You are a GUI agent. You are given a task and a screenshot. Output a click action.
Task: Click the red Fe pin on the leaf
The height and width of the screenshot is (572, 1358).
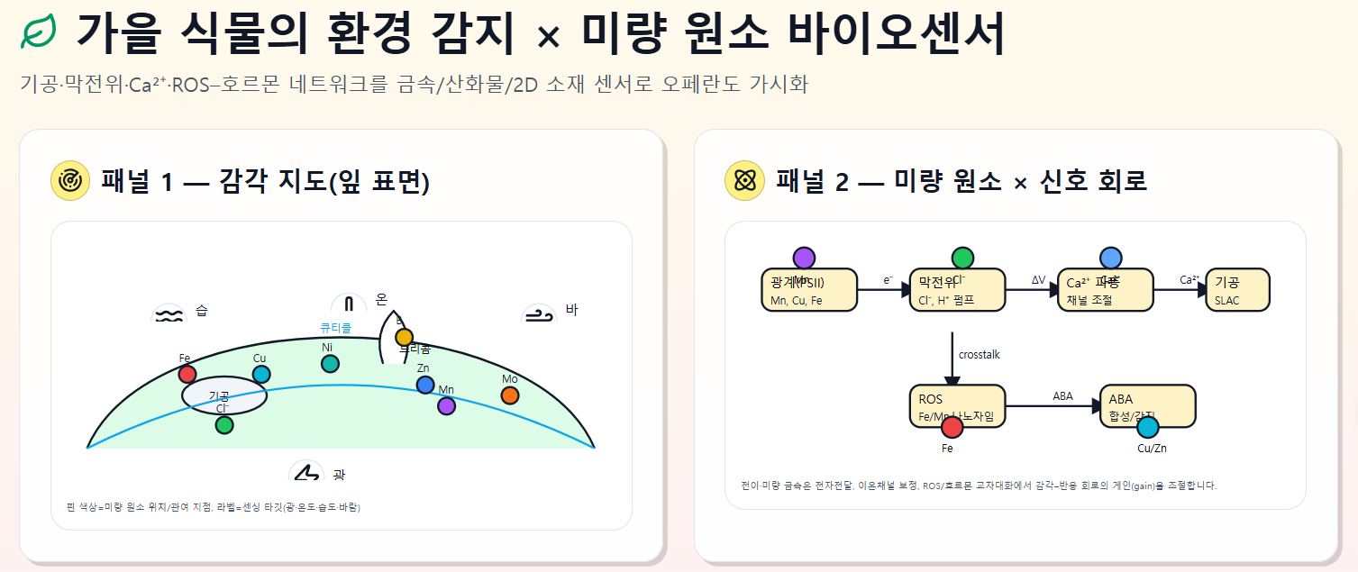click(x=187, y=374)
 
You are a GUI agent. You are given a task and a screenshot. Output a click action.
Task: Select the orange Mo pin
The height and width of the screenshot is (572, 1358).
click(x=510, y=395)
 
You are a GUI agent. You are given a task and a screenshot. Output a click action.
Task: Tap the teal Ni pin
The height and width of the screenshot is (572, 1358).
click(x=330, y=363)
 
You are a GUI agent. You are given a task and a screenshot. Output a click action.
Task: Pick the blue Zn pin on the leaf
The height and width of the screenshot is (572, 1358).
click(x=425, y=385)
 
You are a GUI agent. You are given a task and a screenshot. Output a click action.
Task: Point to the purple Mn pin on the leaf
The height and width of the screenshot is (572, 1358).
click(x=446, y=405)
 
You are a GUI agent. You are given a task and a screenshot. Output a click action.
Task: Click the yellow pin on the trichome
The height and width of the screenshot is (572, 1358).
click(x=405, y=337)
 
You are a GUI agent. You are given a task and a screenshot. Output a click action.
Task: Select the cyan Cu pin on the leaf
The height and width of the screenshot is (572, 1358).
click(x=261, y=374)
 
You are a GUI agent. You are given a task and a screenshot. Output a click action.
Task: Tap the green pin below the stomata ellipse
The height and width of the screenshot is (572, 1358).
click(x=224, y=424)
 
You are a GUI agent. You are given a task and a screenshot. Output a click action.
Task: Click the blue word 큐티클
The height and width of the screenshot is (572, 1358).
click(x=336, y=328)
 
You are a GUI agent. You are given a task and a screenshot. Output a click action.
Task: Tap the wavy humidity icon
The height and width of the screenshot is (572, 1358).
click(x=169, y=314)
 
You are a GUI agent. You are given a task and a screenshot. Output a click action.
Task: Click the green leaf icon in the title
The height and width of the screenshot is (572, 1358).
click(x=39, y=34)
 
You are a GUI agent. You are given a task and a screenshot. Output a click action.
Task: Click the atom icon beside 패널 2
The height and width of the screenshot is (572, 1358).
click(x=744, y=181)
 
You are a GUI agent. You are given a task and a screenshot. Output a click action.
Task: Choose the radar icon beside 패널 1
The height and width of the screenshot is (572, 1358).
click(x=69, y=181)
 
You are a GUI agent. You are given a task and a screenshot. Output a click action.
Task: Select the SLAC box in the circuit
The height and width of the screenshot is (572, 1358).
click(x=1237, y=290)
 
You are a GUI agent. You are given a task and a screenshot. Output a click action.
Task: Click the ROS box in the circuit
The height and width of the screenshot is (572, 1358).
click(x=957, y=406)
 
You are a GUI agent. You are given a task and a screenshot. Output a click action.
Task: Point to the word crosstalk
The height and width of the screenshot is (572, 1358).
click(x=980, y=355)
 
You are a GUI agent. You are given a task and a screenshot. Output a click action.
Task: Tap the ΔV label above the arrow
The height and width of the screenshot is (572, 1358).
click(x=1039, y=280)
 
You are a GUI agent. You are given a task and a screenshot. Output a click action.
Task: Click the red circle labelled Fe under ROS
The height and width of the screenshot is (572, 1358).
click(x=952, y=427)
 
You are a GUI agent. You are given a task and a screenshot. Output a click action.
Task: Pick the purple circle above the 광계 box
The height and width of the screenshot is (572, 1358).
click(x=804, y=258)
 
